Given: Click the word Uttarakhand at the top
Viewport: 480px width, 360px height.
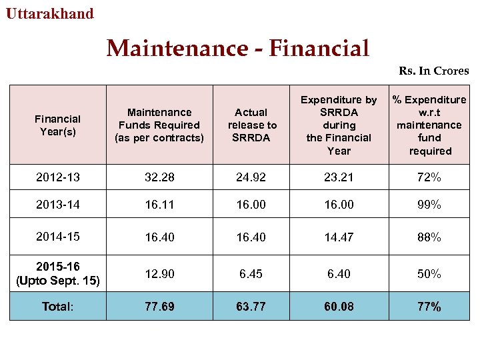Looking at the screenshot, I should (x=50, y=13).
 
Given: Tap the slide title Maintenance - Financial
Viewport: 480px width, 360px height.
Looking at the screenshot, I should (x=238, y=48).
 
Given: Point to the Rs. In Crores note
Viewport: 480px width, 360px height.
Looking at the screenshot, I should (x=433, y=71).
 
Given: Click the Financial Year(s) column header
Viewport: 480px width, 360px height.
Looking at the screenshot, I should (x=57, y=125).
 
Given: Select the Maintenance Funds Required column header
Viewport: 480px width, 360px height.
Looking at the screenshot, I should (x=159, y=125).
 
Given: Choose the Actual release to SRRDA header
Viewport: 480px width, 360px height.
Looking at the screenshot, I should (x=252, y=125).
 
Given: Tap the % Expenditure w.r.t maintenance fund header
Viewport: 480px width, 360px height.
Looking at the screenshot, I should (x=430, y=125).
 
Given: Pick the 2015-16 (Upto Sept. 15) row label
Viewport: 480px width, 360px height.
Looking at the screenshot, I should (x=57, y=274).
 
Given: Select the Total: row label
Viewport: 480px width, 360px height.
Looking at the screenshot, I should (x=57, y=306).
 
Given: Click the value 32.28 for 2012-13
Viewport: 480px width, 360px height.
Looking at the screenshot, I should (x=159, y=177).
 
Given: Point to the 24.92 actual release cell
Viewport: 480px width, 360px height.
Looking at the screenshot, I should (x=252, y=177).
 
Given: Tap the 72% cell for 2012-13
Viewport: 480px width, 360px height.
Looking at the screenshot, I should (x=430, y=177).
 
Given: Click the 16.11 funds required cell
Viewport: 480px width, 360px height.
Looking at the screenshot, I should (x=159, y=205).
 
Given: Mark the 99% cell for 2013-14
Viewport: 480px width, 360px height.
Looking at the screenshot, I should (x=430, y=205).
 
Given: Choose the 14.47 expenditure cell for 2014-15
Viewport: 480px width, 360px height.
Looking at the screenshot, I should (x=339, y=237).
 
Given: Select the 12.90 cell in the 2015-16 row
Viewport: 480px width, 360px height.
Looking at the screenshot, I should (x=159, y=274).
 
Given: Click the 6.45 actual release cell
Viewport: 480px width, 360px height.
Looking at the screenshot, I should (x=252, y=274).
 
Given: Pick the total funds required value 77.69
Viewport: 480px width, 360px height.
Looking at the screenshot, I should (x=159, y=306).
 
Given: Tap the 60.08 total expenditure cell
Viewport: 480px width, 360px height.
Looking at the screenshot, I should (x=339, y=306).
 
